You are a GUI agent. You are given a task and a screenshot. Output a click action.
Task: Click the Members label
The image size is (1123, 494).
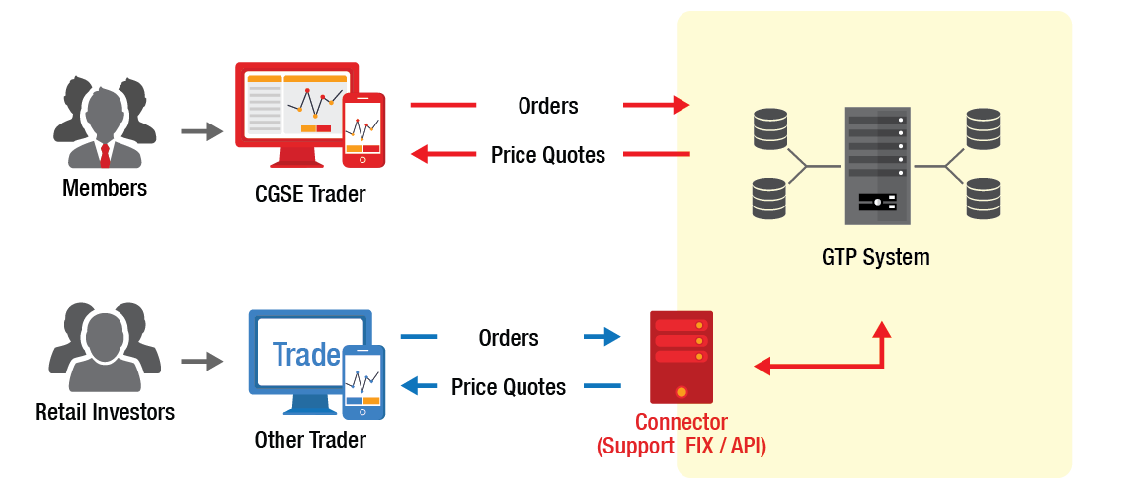tap(105, 188)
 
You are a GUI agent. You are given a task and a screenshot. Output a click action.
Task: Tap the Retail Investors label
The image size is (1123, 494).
tap(105, 412)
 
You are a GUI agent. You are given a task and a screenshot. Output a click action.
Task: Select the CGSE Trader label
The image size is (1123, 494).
tap(310, 194)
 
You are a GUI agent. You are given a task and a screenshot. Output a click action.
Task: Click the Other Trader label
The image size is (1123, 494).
tap(310, 440)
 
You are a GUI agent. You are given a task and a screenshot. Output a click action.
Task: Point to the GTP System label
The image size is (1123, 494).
tap(875, 258)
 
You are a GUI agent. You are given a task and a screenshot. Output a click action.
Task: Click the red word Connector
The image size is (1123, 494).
tap(682, 423)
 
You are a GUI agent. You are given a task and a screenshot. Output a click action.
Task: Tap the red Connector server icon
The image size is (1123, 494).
tap(681, 356)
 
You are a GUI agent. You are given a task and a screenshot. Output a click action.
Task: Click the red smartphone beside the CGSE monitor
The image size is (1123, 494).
tap(362, 129)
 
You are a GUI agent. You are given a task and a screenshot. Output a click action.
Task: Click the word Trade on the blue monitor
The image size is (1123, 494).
tap(306, 355)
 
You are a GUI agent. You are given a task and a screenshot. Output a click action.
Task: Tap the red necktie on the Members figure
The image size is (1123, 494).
tap(105, 154)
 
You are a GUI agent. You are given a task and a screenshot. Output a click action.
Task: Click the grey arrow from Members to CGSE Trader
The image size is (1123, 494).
tap(203, 130)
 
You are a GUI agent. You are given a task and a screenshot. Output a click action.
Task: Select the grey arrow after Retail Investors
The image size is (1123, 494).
tap(203, 362)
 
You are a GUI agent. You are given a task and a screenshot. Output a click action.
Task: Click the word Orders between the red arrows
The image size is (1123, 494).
tap(547, 106)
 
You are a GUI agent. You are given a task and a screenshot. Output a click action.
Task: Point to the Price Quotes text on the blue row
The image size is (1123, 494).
tap(509, 387)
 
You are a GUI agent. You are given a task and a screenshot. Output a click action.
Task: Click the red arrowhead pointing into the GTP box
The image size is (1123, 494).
tap(677, 105)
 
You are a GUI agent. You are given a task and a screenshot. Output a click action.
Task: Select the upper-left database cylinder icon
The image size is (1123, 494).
tap(768, 127)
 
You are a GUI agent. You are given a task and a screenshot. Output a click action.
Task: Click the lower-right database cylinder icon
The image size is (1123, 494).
tap(983, 198)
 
